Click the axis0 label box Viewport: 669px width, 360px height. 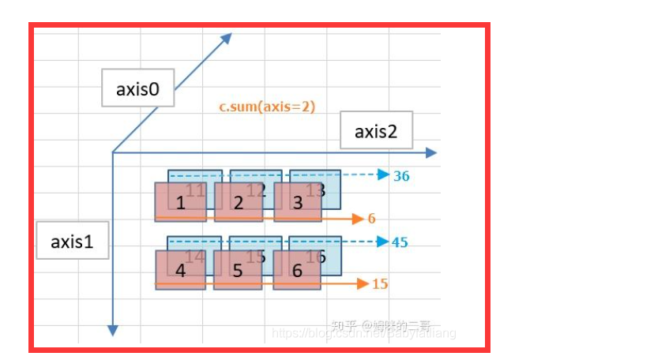137,88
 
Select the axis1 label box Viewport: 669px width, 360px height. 72,242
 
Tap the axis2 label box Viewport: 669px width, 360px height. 375,131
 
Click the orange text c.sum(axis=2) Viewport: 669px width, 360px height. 267,106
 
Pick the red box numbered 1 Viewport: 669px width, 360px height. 180,203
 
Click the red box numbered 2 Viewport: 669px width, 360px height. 239,203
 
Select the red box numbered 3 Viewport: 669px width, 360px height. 297,203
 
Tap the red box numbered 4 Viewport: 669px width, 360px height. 180,270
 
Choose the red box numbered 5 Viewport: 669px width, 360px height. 239,270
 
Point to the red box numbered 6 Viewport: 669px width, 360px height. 297,270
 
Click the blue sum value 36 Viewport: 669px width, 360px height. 401,176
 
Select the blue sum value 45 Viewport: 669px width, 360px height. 400,242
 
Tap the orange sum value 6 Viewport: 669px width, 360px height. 371,218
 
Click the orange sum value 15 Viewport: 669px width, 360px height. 380,283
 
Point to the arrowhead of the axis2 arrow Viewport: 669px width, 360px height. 430,152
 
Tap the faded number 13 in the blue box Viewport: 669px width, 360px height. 315,189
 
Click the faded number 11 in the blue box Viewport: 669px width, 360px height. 196,189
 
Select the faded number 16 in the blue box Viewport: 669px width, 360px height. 315,256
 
